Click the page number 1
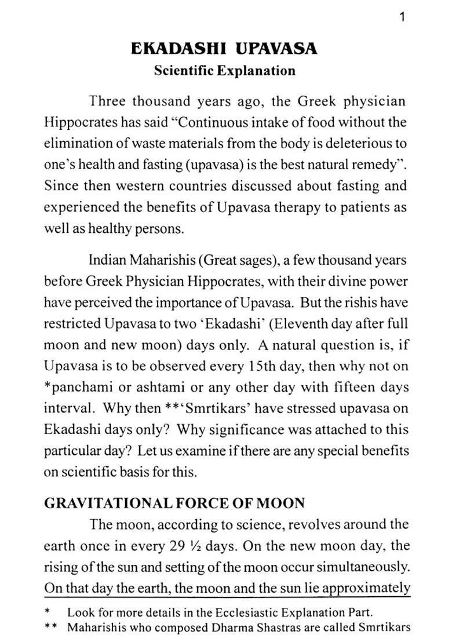[402, 17]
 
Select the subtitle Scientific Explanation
[224, 71]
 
